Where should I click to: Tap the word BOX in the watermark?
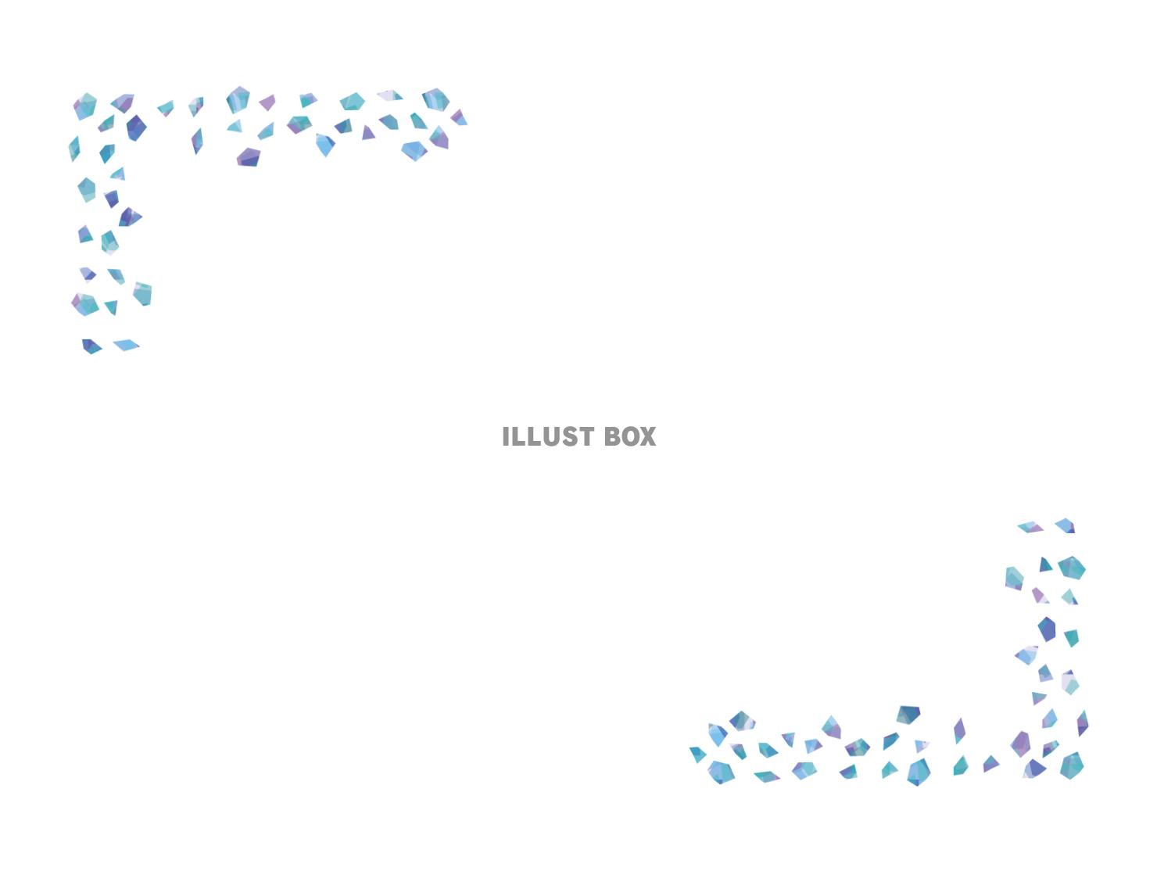pos(630,437)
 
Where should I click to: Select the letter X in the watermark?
pos(647,437)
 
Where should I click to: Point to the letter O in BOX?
pos(629,437)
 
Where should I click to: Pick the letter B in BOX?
pos(612,437)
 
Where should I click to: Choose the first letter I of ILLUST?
pos(506,437)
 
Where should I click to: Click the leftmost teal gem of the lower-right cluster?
pos(697,754)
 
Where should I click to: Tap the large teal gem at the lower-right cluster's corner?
pos(1072,765)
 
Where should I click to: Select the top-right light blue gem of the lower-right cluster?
pos(1066,525)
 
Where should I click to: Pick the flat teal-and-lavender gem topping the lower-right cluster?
pos(1030,527)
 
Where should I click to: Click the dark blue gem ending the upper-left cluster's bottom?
pos(91,346)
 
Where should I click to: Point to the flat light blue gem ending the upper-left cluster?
pos(126,345)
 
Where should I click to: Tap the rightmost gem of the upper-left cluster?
pos(459,118)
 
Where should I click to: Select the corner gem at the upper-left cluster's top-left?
pos(85,106)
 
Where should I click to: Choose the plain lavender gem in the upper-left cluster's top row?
pos(267,102)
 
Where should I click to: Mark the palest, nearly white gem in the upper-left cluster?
pos(389,95)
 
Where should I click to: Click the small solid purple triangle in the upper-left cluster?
pos(368,133)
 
